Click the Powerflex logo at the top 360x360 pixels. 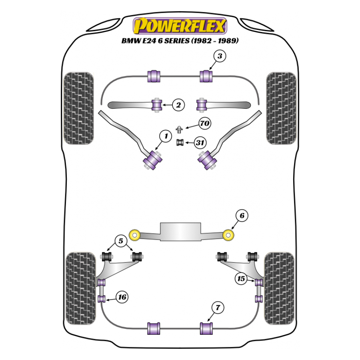pos(180,26)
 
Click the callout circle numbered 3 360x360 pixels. pos(220,56)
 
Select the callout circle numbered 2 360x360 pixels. pos(178,105)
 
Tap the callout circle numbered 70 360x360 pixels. pos(204,124)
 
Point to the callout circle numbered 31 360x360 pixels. pos(200,142)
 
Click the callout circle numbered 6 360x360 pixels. pos(242,216)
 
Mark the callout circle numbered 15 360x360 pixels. pos(241,279)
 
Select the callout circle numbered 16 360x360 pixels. pos(122,297)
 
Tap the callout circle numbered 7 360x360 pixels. pos(218,308)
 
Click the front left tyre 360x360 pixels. pos(79,108)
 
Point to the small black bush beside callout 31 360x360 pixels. pos(180,142)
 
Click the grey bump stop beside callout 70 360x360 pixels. pos(180,129)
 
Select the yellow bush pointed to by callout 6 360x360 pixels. pos(228,235)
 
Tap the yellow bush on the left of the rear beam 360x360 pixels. pos(135,234)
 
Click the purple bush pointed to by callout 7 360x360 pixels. pos(206,329)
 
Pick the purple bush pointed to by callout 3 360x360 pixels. pos(206,75)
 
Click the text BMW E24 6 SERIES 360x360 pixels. pos(180,41)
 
